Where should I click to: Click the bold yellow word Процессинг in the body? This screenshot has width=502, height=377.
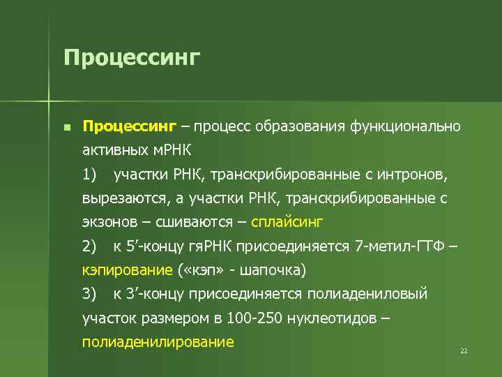coord(130,126)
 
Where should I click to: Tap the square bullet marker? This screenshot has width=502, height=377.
coord(66,128)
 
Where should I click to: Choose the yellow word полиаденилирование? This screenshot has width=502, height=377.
coord(158,342)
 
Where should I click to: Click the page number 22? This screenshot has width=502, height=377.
coord(464,350)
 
